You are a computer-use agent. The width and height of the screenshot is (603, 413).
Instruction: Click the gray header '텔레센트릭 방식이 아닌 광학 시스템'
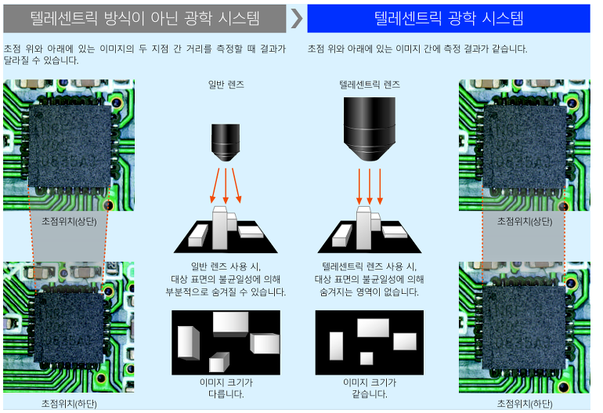[145, 18]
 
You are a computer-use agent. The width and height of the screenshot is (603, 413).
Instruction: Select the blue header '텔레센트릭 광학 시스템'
[448, 18]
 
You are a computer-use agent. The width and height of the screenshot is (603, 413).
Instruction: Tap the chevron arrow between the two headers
[297, 18]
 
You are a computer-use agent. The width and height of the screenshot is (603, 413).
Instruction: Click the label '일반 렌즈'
[226, 83]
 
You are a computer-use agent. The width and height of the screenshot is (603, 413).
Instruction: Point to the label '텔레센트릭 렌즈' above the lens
[369, 83]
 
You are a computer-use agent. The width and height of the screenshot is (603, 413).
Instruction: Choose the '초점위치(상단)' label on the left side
[69, 222]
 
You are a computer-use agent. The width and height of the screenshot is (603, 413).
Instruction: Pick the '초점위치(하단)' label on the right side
[525, 403]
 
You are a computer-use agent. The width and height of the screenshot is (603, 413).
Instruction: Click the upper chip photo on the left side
[69, 145]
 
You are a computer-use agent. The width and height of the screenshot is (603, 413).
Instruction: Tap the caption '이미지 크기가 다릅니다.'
[226, 388]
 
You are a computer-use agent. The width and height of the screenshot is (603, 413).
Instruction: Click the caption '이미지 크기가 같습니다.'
[370, 388]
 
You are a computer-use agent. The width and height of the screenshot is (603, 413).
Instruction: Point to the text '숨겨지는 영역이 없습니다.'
[370, 292]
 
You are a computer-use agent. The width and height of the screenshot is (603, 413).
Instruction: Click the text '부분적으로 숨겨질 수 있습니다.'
[226, 292]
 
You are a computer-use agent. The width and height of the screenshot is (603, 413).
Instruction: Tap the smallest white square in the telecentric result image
[366, 359]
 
